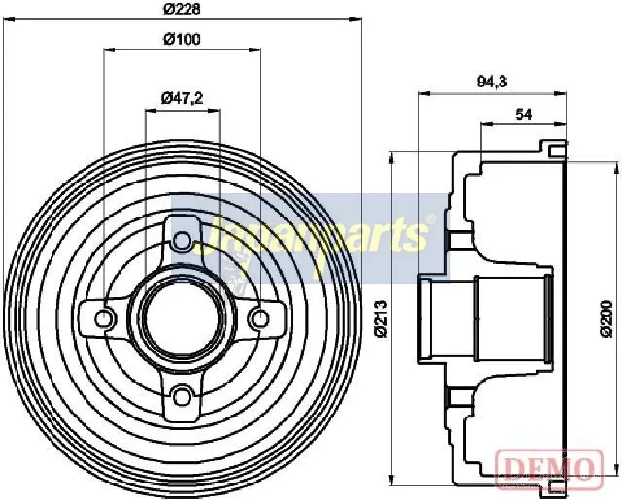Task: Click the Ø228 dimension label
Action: (182, 8)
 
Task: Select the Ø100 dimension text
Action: (182, 39)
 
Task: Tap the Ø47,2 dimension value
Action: (182, 98)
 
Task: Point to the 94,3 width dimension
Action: (492, 82)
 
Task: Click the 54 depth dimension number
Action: (523, 115)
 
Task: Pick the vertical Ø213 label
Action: (380, 319)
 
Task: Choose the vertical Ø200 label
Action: (606, 319)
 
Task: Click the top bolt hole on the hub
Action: (182, 240)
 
